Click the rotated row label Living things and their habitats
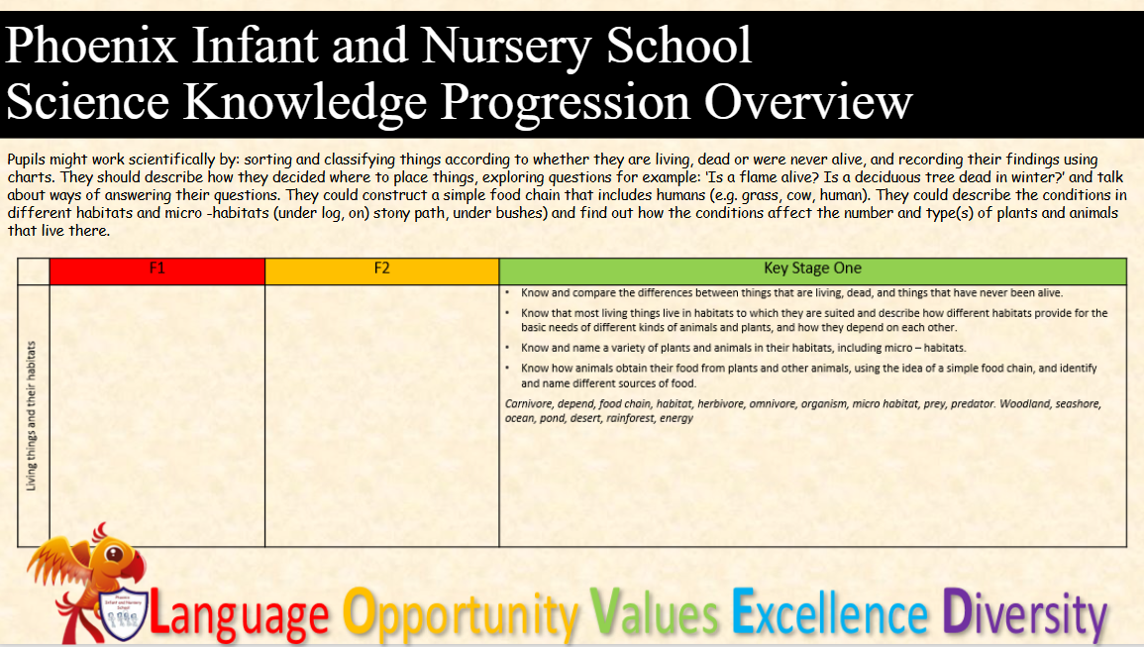pyautogui.click(x=32, y=415)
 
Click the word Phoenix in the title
pyautogui.click(x=91, y=46)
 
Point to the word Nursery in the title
pyautogui.click(x=505, y=47)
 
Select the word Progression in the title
pyautogui.click(x=566, y=103)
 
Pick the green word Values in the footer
pyautogui.click(x=655, y=612)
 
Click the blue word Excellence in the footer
pyautogui.click(x=830, y=612)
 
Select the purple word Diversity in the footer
pyautogui.click(x=1024, y=614)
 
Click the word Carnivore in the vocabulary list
pyautogui.click(x=528, y=404)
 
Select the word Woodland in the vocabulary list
pyautogui.click(x=1024, y=404)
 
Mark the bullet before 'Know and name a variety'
pyautogui.click(x=508, y=348)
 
